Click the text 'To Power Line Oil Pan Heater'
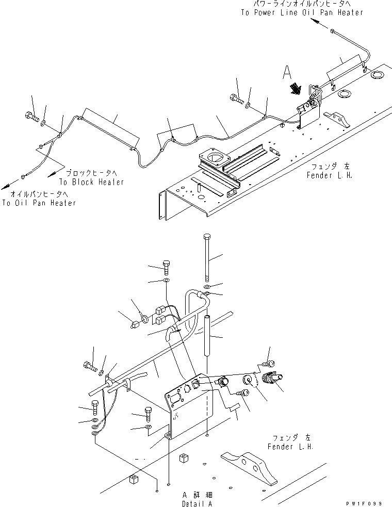(302, 12)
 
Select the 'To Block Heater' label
(91, 182)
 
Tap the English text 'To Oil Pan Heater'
(39, 203)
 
